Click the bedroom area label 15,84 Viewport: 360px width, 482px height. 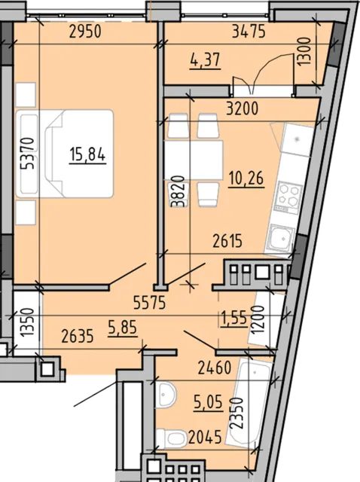click(87, 154)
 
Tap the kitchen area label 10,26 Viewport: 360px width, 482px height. click(246, 178)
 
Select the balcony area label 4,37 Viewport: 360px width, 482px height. click(206, 60)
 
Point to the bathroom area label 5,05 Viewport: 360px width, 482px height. click(208, 402)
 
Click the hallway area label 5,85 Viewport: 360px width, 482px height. click(122, 328)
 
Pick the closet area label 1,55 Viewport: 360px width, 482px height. click(234, 318)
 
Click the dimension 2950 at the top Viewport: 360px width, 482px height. click(85, 32)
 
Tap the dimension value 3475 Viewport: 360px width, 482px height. click(249, 31)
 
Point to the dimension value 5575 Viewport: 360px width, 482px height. click(150, 303)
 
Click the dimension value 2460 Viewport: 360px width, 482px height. click(215, 368)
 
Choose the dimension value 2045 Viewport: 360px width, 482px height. click(205, 437)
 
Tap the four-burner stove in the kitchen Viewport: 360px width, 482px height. click(289, 197)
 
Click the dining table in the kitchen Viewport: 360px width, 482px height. click(194, 160)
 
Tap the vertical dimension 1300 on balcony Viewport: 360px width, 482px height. click(304, 51)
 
